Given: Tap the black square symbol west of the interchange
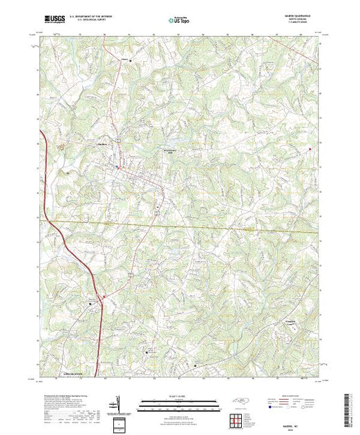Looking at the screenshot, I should tap(91, 304).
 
